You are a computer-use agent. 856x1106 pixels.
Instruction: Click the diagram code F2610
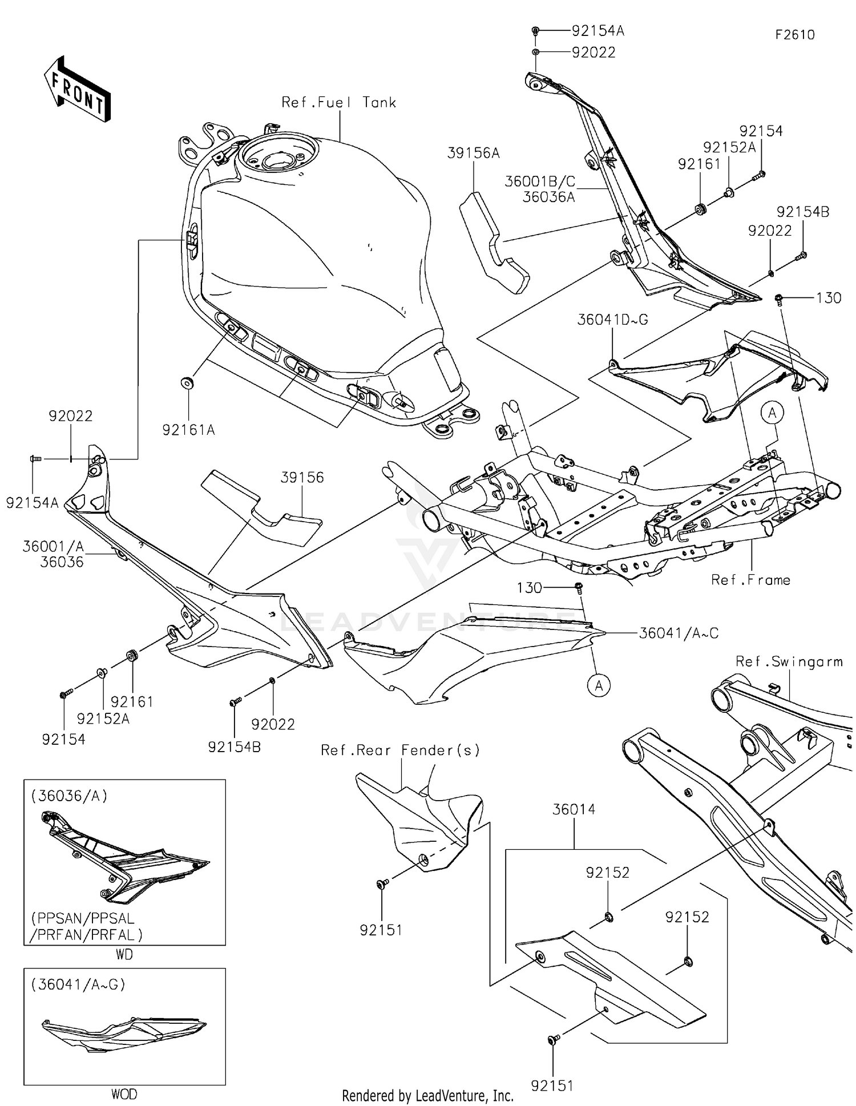794,35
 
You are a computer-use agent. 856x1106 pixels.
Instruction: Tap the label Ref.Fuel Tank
339,103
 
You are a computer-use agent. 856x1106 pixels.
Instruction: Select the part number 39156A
473,153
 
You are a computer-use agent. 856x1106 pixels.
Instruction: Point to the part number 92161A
188,430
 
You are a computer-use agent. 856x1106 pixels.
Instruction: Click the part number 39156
302,477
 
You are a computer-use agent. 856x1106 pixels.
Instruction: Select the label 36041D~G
612,320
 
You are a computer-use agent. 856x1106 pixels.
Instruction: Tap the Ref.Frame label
750,580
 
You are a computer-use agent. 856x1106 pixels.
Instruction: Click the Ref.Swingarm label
789,661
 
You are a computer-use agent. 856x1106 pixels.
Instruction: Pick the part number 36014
574,809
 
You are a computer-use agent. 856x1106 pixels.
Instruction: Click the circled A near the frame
773,413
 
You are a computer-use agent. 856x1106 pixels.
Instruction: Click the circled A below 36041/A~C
599,685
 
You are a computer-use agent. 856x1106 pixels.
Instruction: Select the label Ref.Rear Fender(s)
400,750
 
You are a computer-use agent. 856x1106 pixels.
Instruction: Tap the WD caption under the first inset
124,954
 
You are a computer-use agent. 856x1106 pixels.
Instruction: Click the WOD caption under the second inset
124,1094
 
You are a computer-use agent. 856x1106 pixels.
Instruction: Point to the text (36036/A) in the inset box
69,796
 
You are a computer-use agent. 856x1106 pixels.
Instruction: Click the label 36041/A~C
678,633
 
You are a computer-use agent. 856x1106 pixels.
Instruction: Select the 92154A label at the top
597,31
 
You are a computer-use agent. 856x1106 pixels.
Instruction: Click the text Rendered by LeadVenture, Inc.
427,1095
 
